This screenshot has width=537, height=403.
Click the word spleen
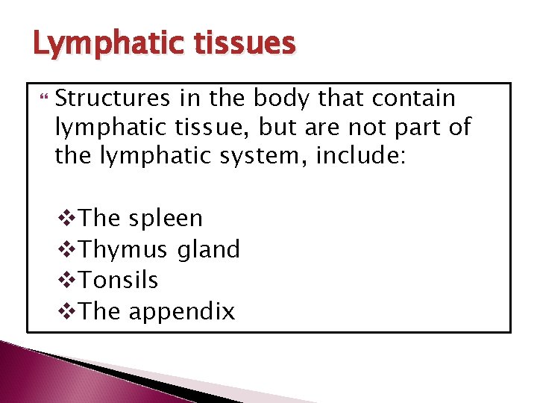tap(166, 219)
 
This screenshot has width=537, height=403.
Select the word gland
tap(208, 249)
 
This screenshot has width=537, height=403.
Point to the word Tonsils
tap(118, 280)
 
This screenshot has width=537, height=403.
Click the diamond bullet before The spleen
tap(66, 219)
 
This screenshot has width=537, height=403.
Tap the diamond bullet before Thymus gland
tap(66, 249)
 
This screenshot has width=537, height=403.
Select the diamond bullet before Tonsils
tap(66, 280)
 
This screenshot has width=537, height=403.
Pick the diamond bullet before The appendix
tap(66, 311)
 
